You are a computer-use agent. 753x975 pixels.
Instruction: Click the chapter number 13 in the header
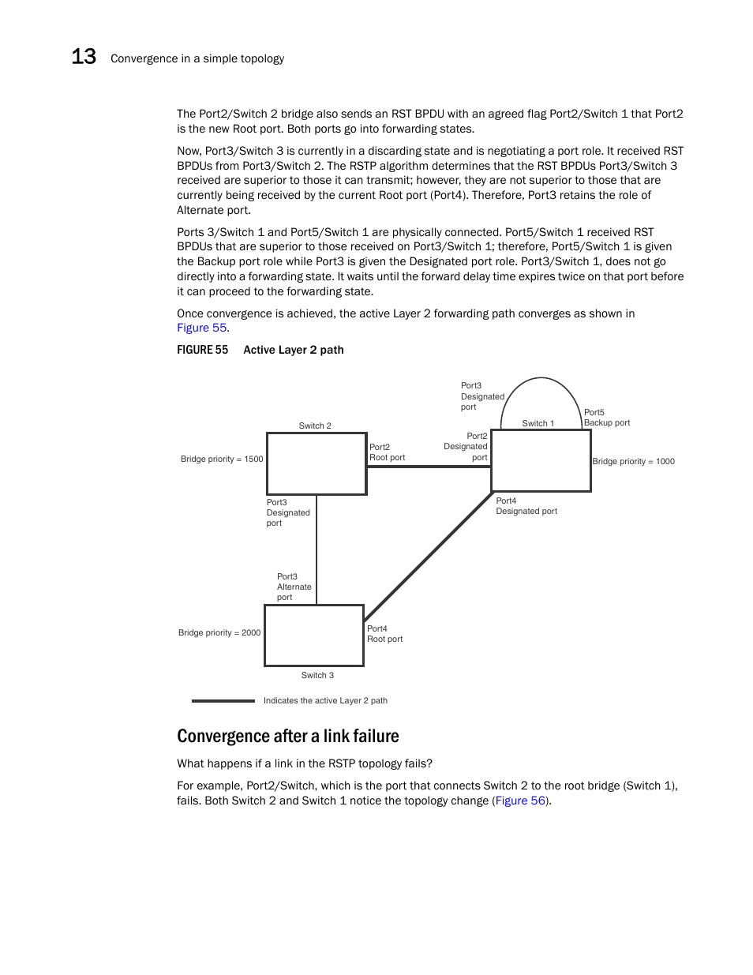(84, 57)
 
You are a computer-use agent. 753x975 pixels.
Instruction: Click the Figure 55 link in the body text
(201, 328)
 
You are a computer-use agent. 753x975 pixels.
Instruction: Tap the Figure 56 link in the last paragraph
(520, 801)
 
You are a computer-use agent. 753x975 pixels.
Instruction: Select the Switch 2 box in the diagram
(317, 463)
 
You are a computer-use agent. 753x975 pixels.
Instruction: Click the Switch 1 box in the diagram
(541, 460)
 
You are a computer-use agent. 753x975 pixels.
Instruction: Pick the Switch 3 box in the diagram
(314, 636)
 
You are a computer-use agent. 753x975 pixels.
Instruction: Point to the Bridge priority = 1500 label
(222, 459)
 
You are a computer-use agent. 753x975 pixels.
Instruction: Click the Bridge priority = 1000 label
(633, 461)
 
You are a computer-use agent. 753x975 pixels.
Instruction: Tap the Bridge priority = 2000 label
(219, 632)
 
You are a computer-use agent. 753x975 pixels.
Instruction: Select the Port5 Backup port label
(606, 418)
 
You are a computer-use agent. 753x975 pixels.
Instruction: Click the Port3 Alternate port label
(294, 587)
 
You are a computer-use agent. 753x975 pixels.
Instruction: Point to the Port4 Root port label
(384, 634)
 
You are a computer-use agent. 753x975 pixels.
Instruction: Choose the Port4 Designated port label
(526, 506)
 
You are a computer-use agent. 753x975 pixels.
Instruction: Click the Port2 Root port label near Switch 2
(387, 452)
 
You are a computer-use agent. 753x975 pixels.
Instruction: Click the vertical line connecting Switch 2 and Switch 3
(317, 549)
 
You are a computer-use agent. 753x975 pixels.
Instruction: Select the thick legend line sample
(223, 700)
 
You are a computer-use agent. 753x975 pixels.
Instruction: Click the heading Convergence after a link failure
(287, 736)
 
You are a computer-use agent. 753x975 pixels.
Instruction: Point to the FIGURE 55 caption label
(202, 350)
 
